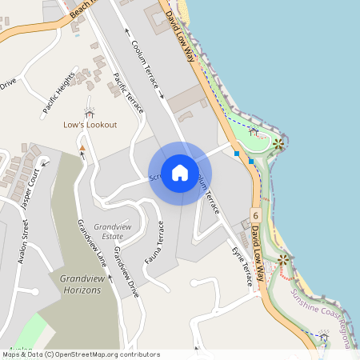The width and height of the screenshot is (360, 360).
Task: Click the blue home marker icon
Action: (180, 173)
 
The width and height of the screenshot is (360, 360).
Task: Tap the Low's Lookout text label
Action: (90, 125)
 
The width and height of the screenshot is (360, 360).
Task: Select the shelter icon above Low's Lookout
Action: (89, 111)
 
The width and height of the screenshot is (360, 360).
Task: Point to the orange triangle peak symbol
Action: (82, 147)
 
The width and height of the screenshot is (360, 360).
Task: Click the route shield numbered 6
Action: (254, 216)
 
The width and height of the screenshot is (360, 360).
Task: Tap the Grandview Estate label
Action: (108, 231)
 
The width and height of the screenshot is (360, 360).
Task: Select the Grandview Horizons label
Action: (81, 283)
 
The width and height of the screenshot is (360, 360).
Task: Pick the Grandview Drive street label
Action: (126, 272)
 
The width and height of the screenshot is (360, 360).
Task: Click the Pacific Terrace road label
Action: (128, 93)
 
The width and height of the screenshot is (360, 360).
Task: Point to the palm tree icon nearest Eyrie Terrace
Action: (283, 261)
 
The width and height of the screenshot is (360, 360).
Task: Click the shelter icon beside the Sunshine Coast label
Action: (323, 338)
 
